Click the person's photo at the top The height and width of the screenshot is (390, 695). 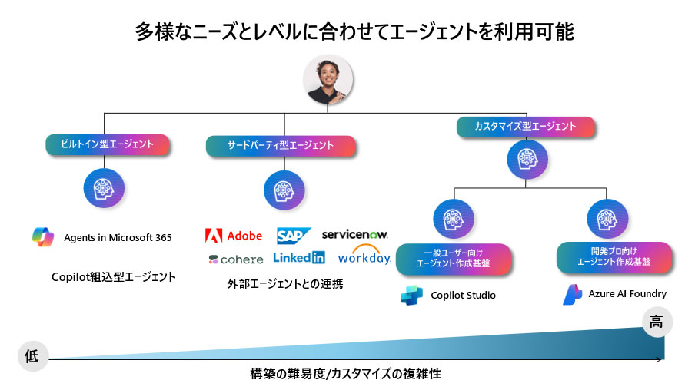[329, 81]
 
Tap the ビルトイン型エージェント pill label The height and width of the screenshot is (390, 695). [107, 144]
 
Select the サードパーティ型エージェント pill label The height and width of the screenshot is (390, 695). [281, 145]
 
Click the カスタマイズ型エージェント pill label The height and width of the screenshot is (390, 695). [526, 126]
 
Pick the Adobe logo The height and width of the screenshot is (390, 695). [234, 236]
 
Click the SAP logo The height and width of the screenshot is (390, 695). [294, 236]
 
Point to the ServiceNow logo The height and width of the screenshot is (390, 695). [354, 233]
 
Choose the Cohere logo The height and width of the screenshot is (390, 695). [235, 259]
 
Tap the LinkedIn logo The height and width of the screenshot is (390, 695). [299, 258]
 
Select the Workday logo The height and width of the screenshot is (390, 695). [364, 256]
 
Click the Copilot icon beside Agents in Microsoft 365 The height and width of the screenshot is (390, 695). [43, 237]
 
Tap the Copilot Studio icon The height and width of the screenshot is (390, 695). [411, 296]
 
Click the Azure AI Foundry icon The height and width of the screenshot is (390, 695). [572, 294]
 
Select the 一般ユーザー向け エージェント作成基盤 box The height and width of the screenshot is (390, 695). [453, 258]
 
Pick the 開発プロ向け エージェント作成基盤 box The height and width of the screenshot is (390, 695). [614, 256]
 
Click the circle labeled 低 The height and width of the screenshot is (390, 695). [32, 356]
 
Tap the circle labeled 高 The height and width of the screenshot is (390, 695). [655, 322]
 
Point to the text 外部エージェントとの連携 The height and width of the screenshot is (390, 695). [284, 284]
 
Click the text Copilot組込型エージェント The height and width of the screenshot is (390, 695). [113, 276]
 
